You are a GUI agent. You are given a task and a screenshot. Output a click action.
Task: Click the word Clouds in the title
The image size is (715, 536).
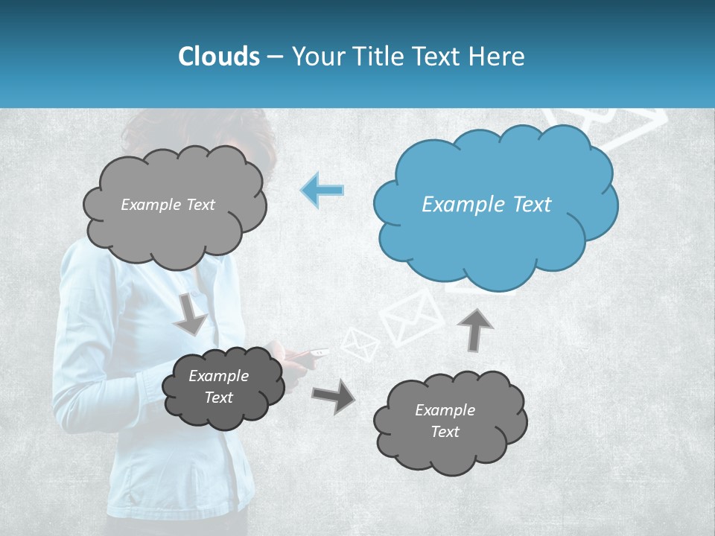[218, 56]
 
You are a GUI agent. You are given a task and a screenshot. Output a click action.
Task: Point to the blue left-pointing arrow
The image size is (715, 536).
[322, 190]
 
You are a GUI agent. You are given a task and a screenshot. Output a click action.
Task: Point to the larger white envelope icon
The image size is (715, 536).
[412, 317]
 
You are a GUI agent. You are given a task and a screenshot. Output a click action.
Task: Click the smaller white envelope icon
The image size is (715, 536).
[360, 344]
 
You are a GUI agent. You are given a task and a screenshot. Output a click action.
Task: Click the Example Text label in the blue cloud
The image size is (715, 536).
[486, 205]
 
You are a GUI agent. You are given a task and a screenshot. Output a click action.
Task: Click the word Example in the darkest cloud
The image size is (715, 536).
[218, 376]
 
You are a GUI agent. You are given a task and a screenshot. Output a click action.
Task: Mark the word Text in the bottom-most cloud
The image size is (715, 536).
[445, 432]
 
